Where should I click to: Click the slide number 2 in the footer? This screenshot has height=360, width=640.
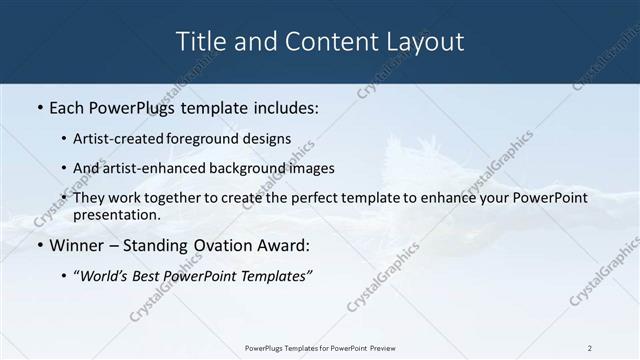click(x=590, y=348)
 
